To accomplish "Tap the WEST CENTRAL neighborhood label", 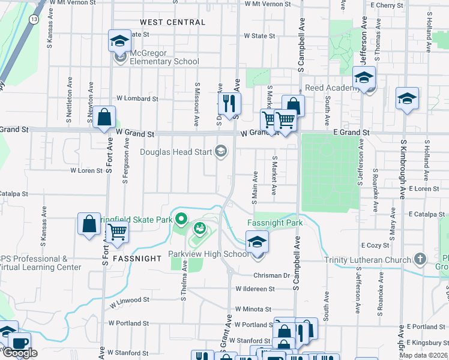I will pyautogui.click(x=172, y=22).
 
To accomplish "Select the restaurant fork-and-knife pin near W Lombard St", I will pyautogui.click(x=229, y=103).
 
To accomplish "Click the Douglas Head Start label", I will pyautogui.click(x=176, y=152).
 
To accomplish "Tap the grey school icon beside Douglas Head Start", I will pyautogui.click(x=221, y=151).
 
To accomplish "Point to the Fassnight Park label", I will pyautogui.click(x=275, y=223).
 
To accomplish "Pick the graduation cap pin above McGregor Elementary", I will pyautogui.click(x=119, y=41).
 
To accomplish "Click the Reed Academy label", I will pyautogui.click(x=332, y=88).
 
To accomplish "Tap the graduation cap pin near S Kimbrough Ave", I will pyautogui.click(x=407, y=98).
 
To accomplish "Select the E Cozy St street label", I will pyautogui.click(x=375, y=245).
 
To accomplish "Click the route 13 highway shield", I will pyautogui.click(x=35, y=20).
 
